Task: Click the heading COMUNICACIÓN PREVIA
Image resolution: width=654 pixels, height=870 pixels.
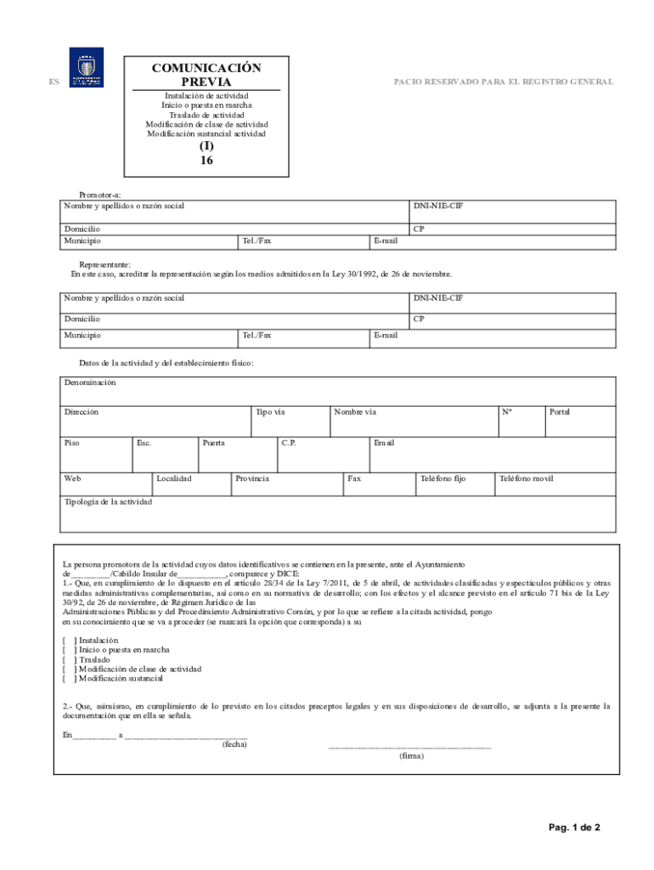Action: pos(206,75)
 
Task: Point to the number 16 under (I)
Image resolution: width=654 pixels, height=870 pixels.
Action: pos(206,160)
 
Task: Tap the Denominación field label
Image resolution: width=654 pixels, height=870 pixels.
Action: pos(90,383)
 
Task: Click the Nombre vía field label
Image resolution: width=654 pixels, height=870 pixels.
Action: pos(355,412)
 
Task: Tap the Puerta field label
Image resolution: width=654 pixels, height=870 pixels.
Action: pos(214,443)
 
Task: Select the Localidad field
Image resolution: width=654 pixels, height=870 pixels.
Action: pos(191,484)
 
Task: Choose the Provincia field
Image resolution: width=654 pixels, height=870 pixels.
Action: pos(286,484)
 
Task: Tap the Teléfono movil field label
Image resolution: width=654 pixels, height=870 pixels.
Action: pos(526,479)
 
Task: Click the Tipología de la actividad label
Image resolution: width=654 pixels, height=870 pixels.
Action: pos(109,502)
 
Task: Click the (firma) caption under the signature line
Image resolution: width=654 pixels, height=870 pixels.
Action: pos(411,755)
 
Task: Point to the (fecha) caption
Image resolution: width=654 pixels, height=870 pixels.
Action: pos(234,743)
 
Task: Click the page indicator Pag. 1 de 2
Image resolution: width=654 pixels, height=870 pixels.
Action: pos(574,828)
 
